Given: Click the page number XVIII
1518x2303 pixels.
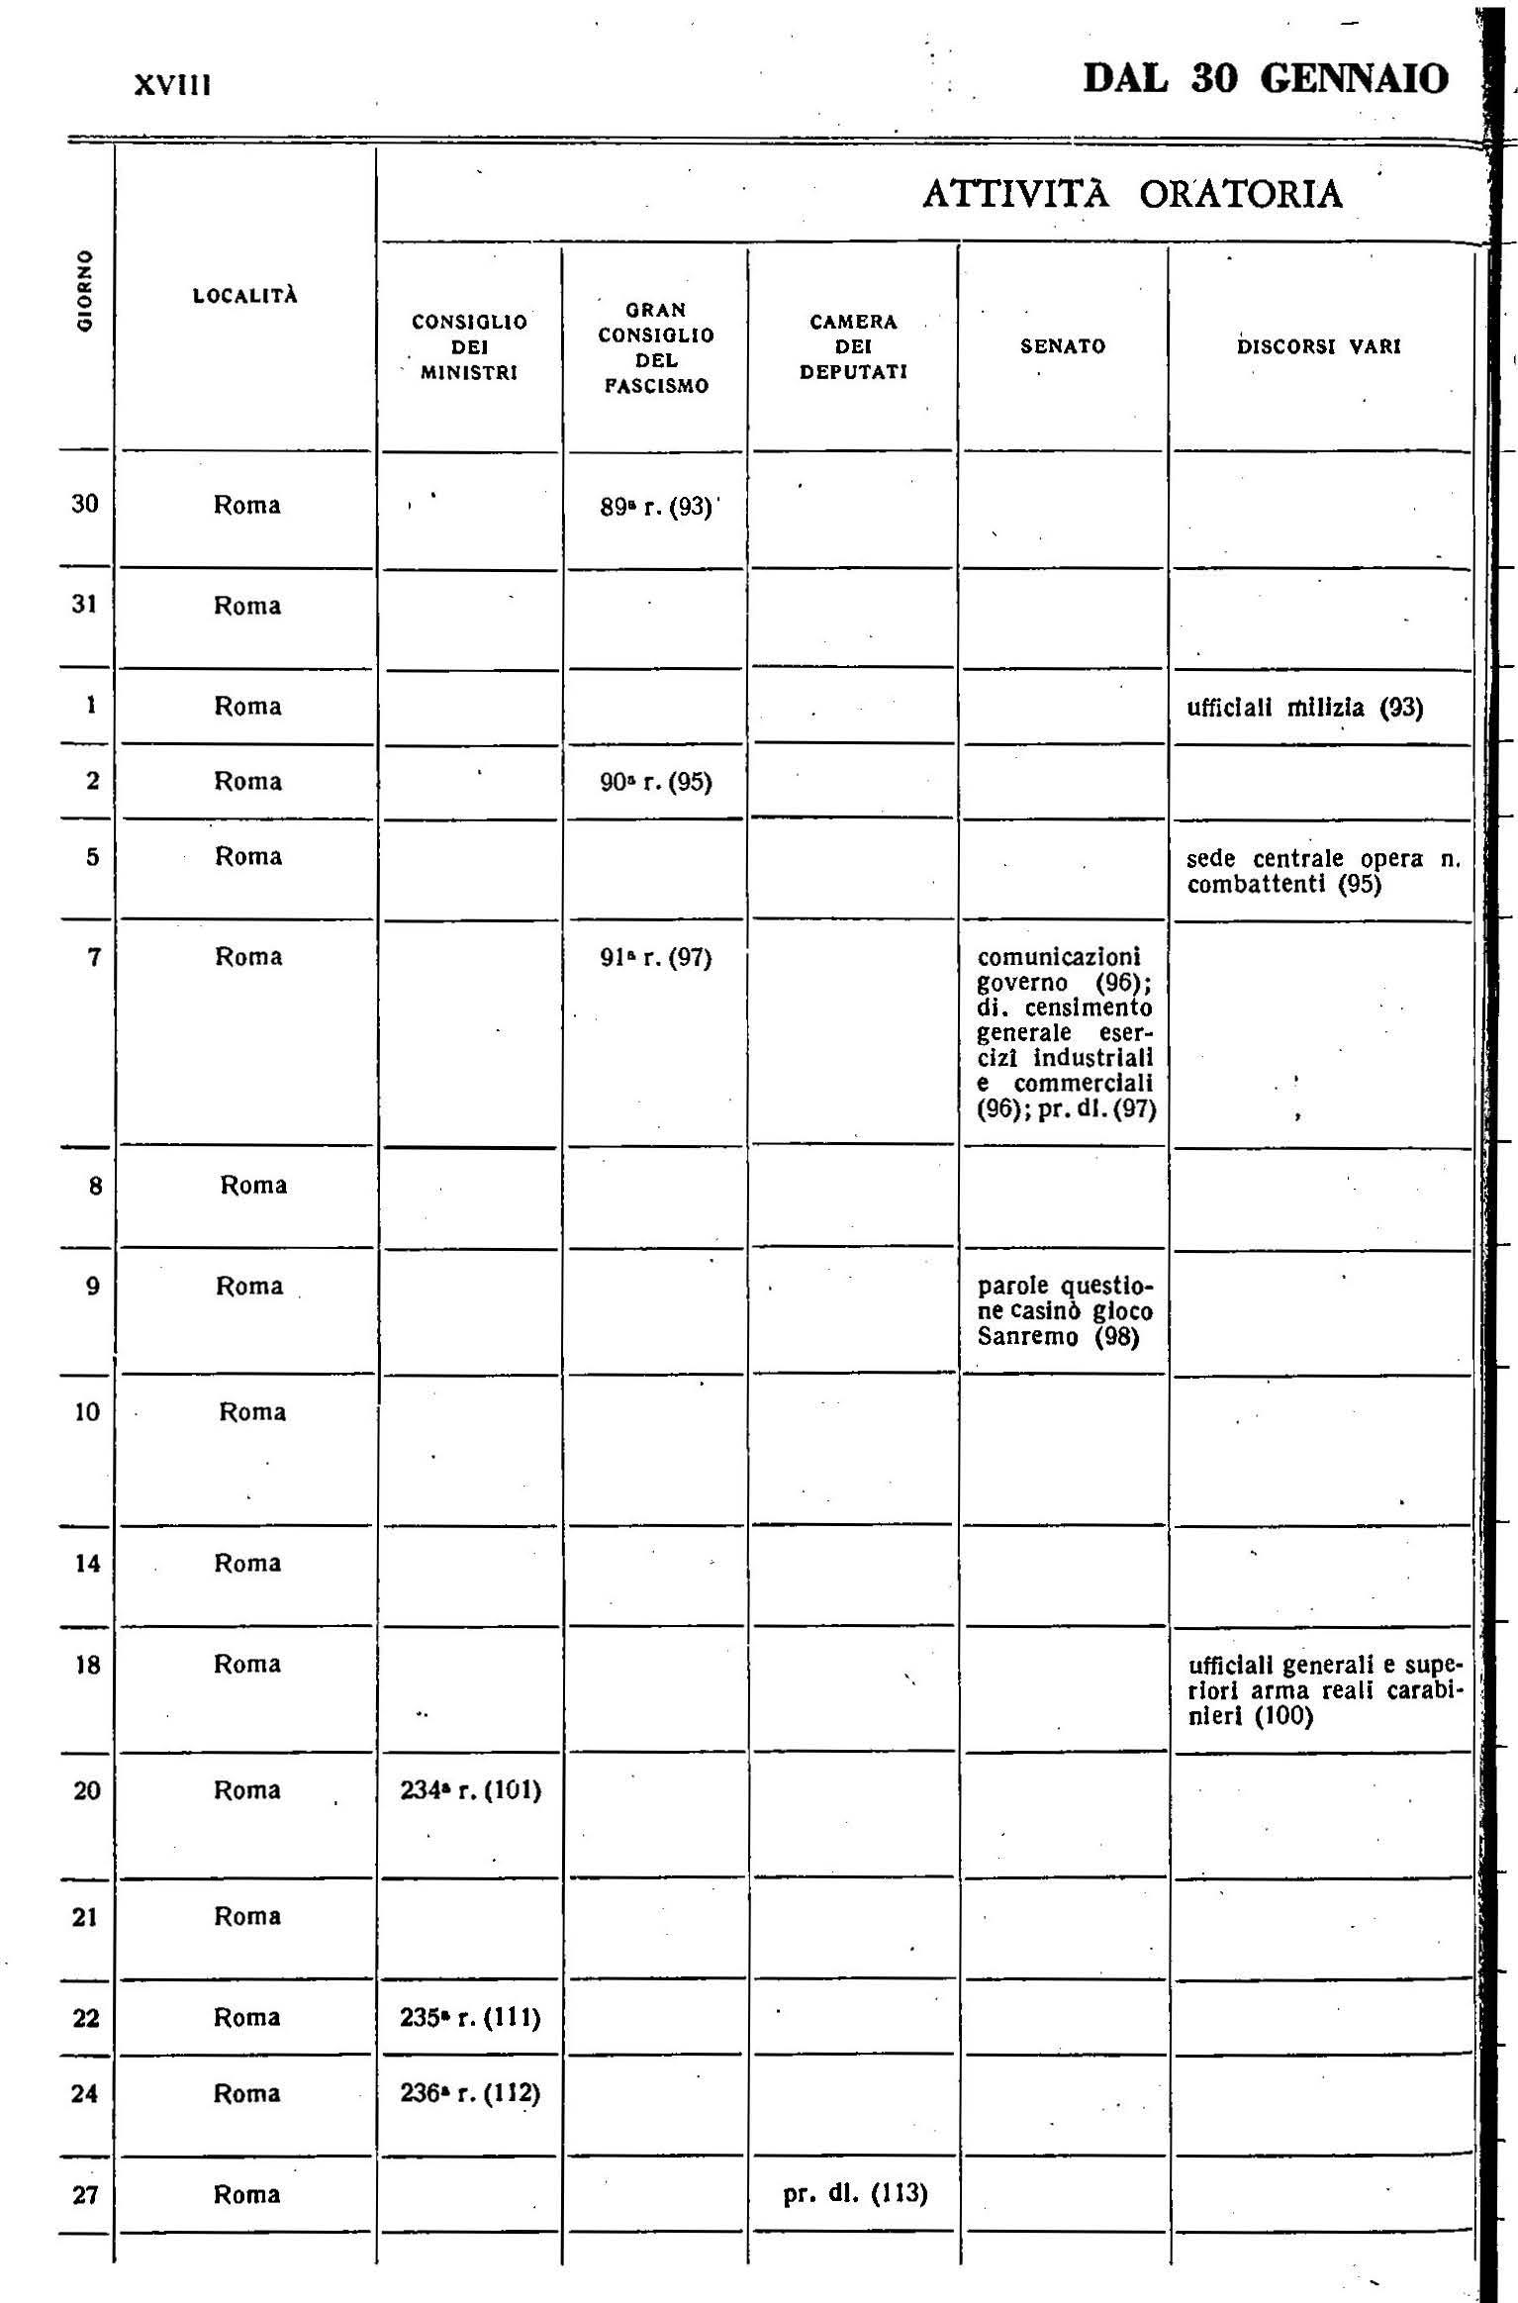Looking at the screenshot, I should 172,85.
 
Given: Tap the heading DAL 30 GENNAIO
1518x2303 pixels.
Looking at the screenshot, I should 1266,78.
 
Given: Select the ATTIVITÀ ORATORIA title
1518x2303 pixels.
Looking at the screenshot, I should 1132,194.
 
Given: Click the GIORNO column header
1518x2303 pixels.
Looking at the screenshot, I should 86,288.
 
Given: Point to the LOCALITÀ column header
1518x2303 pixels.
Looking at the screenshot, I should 245,295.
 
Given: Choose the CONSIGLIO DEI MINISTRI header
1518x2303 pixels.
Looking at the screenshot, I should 469,347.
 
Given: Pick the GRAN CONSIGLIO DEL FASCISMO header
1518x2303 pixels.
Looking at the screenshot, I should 656,347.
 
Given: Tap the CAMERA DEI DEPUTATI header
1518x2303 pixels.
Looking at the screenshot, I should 853,347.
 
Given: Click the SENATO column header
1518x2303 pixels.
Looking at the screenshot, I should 1063,346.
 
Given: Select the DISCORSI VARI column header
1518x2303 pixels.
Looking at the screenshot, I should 1319,346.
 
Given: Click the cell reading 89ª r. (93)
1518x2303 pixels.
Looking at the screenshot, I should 656,507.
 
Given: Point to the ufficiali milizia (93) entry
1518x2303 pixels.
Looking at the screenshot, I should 1304,708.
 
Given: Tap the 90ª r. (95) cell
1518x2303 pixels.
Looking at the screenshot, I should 656,783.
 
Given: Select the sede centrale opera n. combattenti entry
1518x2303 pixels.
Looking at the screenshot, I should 1322,871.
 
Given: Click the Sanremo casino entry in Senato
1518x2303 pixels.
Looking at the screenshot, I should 1065,1311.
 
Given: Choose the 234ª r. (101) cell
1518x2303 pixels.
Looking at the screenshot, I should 470,1791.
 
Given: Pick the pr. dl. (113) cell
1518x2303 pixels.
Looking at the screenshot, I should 855,2194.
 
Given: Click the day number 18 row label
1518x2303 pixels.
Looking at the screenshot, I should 88,1665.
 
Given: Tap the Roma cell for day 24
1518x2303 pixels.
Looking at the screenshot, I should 247,2093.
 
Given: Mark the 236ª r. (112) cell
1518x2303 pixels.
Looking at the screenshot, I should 470,2093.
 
